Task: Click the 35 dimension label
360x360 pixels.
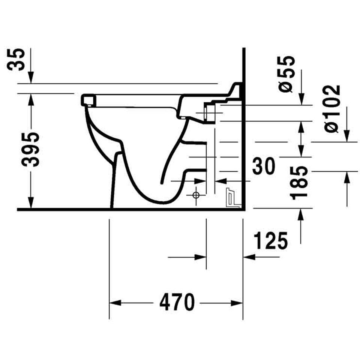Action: click(x=16, y=60)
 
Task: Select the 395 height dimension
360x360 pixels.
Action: click(x=30, y=150)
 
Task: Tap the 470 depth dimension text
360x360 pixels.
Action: click(x=177, y=302)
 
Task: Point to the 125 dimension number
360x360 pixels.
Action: click(x=270, y=241)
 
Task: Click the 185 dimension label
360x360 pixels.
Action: click(x=298, y=183)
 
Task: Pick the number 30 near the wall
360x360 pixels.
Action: click(x=263, y=166)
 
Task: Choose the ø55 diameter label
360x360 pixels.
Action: click(x=286, y=74)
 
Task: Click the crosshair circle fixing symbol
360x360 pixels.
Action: click(x=196, y=195)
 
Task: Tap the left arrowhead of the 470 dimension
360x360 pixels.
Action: click(x=115, y=303)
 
